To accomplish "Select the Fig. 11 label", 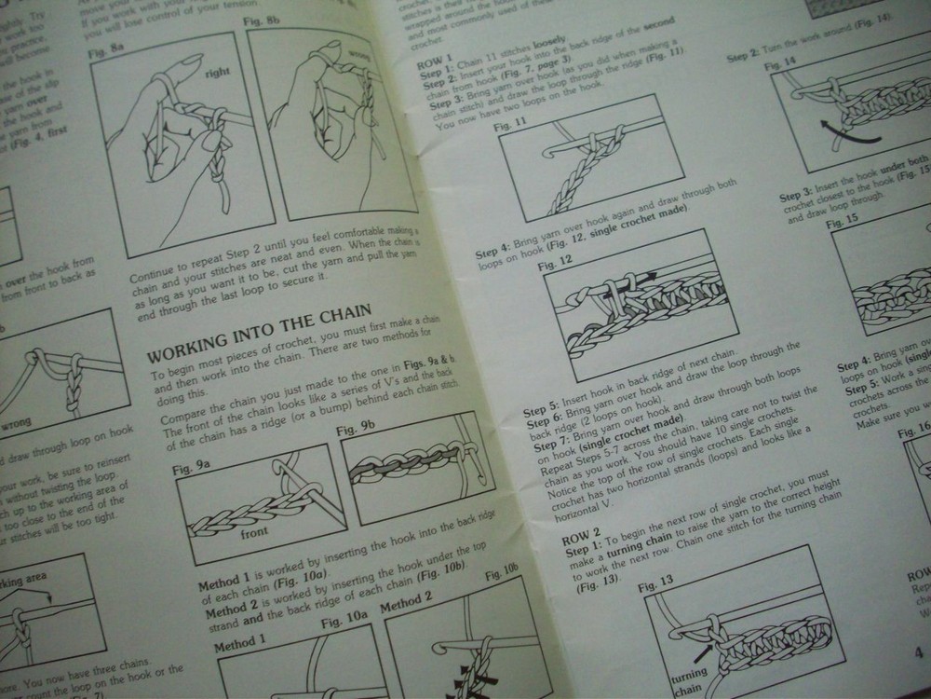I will coord(510,126).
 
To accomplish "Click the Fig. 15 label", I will coord(843,222).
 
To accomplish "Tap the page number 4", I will coord(917,651).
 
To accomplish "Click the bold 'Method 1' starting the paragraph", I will coord(222,586).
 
